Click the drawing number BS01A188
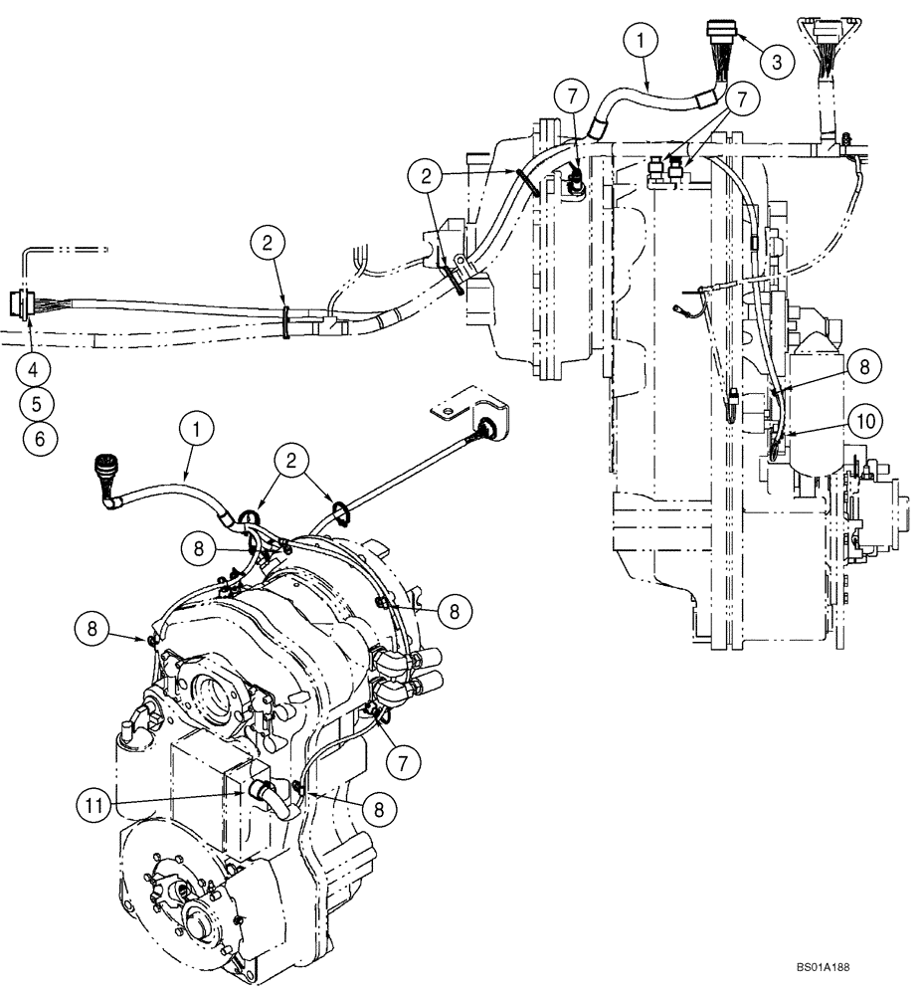click(829, 966)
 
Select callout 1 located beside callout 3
click(642, 42)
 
